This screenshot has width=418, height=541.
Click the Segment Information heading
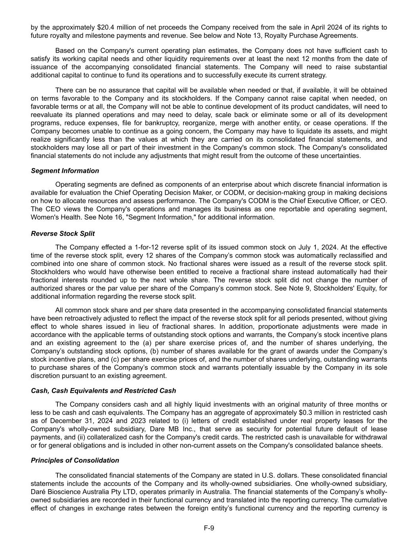pos(65,171)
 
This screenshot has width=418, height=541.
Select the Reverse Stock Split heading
pos(63,233)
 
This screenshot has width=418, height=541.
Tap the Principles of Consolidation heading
pos(75,460)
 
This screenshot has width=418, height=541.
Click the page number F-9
pos(209,528)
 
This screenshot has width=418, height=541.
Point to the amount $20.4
pos(105,27)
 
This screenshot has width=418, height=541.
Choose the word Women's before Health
pos(43,217)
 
